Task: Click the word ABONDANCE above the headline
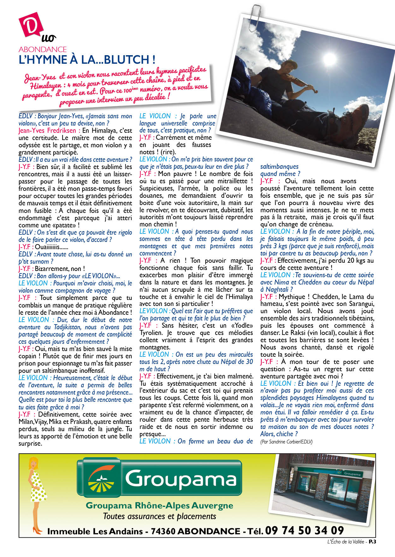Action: coord(43,50)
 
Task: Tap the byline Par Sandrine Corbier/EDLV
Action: coord(286,442)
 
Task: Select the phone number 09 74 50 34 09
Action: coord(304,531)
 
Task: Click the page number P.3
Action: coord(373,542)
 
